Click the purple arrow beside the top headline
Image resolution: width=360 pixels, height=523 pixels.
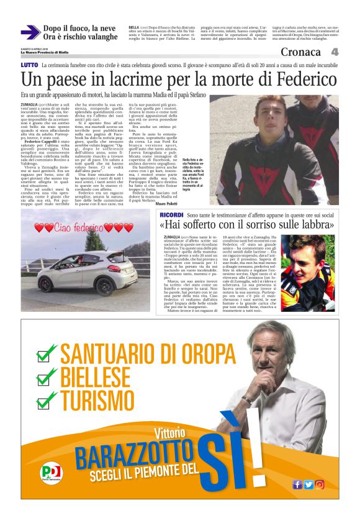pos(30,32)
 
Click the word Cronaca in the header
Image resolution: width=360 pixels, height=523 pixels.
pos(300,52)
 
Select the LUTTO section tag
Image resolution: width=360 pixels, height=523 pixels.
pos(29,65)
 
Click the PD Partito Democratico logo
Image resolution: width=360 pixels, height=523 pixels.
pos(52,474)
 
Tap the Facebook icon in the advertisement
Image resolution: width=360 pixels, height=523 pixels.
pos(297,484)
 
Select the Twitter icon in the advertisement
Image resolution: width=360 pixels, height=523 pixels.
pos(308,484)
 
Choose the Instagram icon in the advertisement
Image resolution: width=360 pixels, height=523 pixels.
pos(320,484)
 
